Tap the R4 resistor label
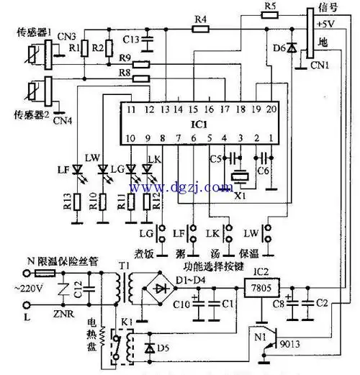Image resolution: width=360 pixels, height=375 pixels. [x=201, y=19]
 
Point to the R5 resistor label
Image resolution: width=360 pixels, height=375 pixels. [x=271, y=6]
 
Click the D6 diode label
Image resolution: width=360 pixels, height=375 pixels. [x=282, y=48]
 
